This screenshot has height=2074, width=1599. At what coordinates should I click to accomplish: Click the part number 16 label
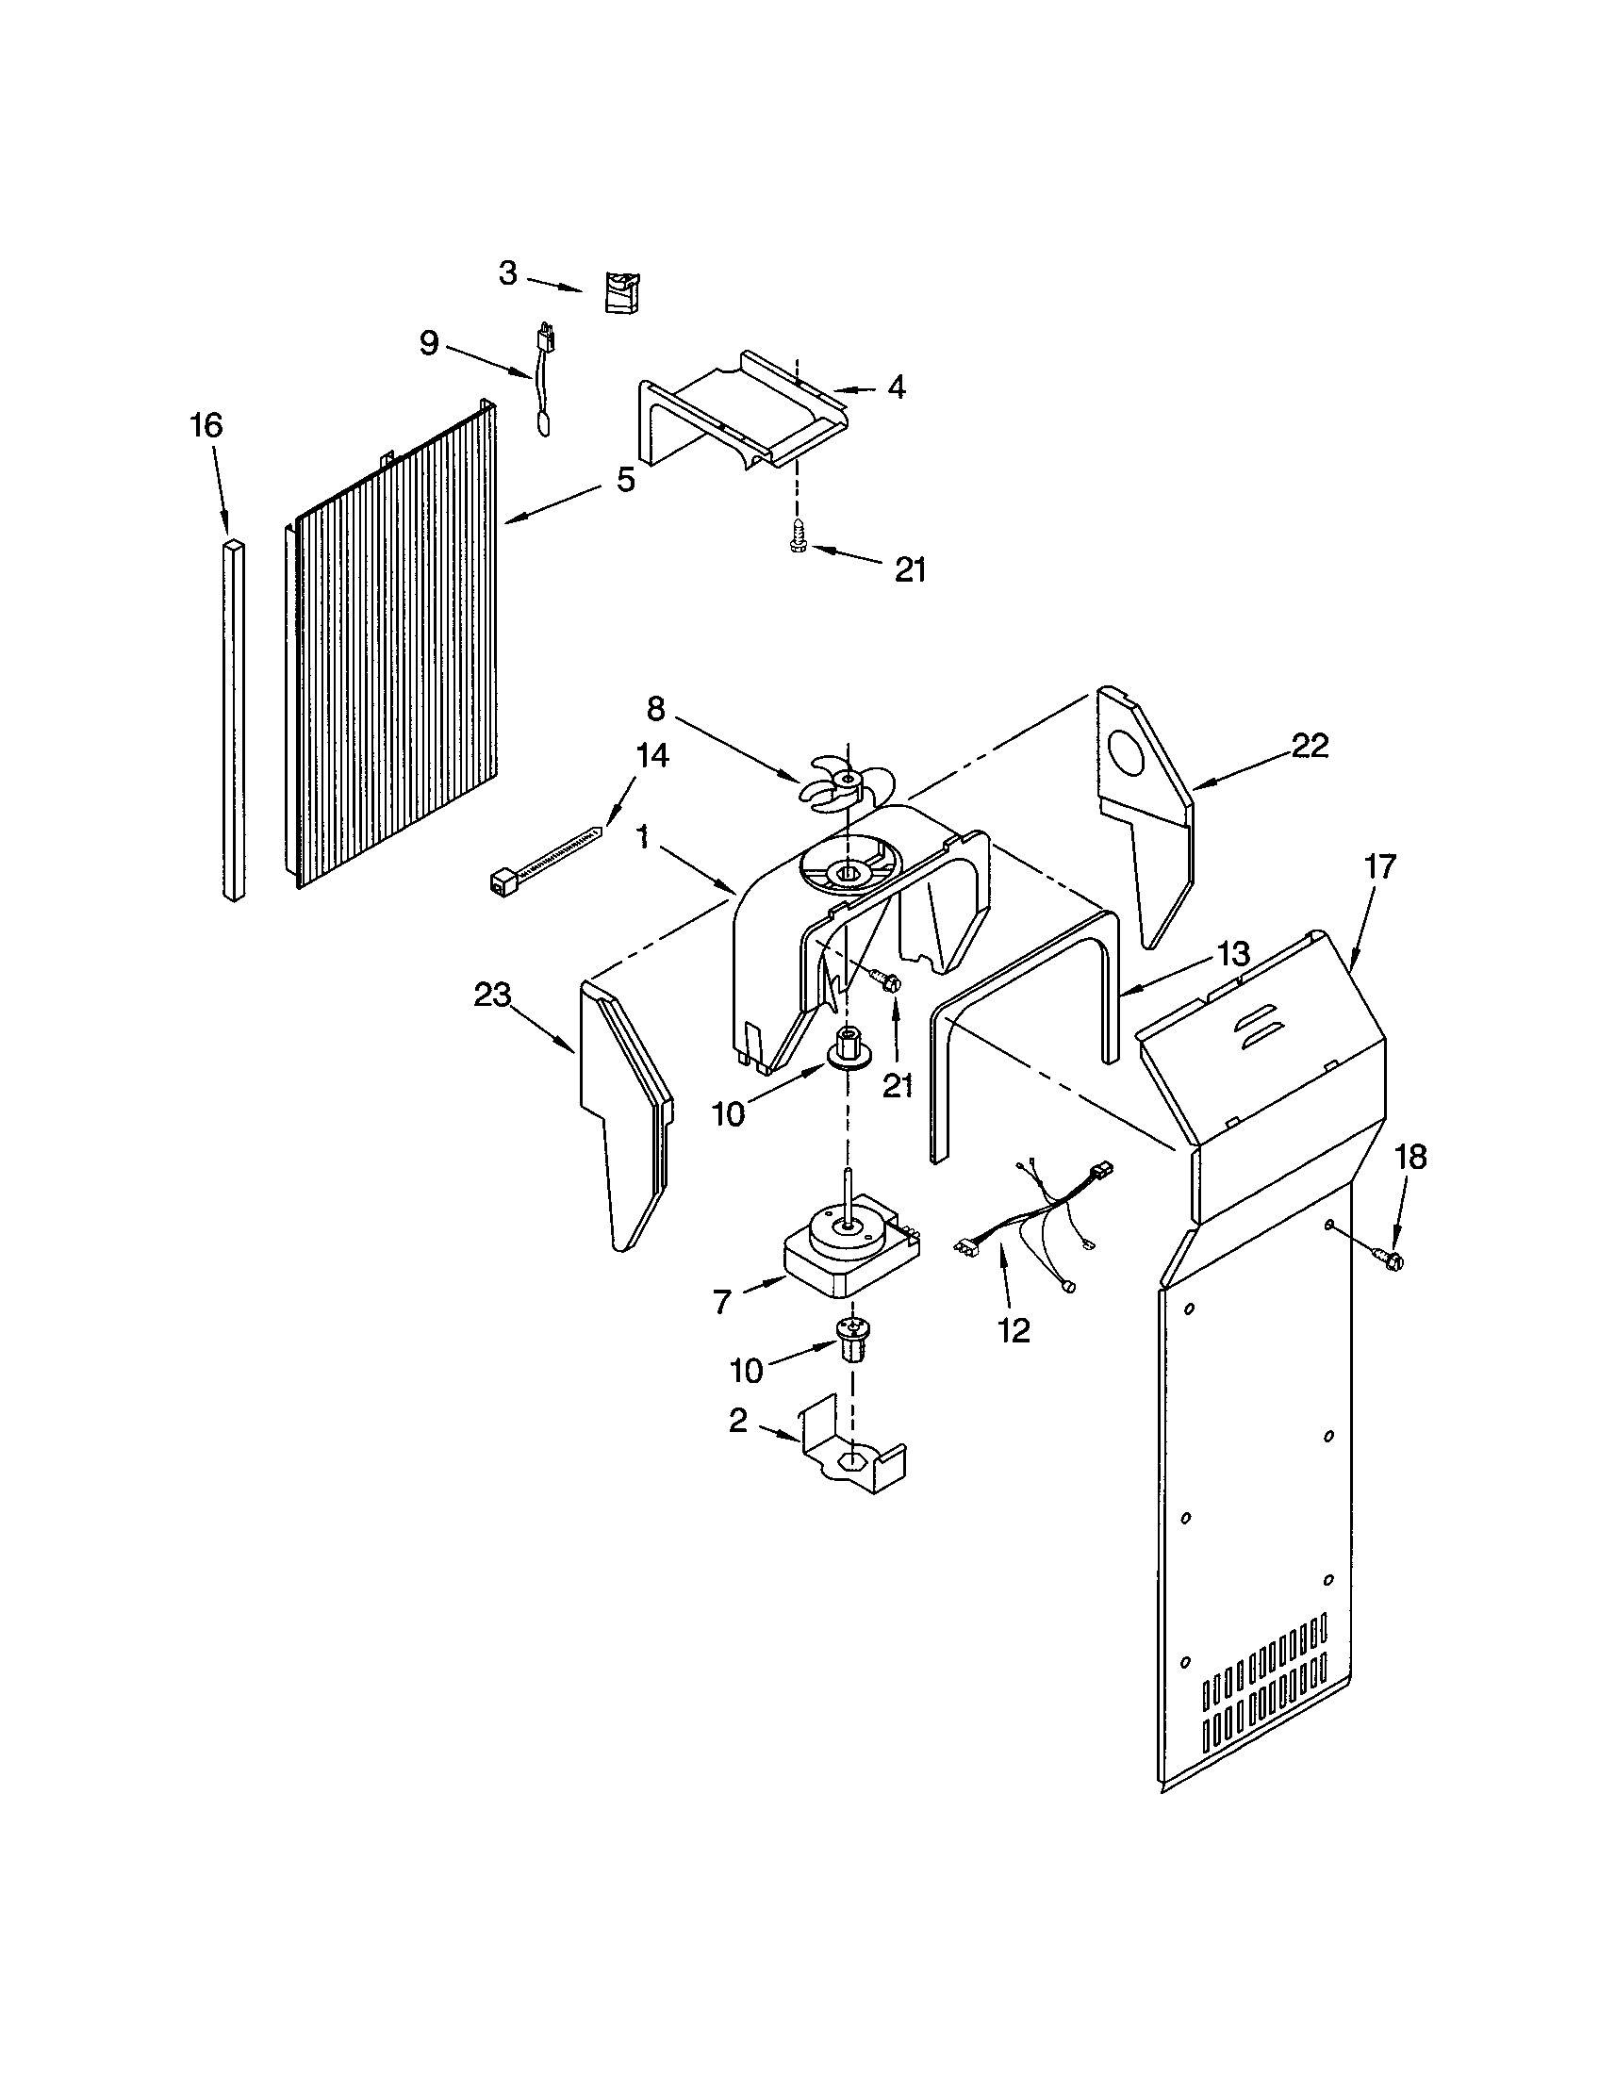[x=206, y=424]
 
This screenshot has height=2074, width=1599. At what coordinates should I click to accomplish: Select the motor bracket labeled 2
[x=851, y=1461]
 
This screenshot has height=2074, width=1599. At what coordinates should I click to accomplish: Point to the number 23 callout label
[x=492, y=996]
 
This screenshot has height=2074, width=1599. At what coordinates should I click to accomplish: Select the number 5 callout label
[x=625, y=480]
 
